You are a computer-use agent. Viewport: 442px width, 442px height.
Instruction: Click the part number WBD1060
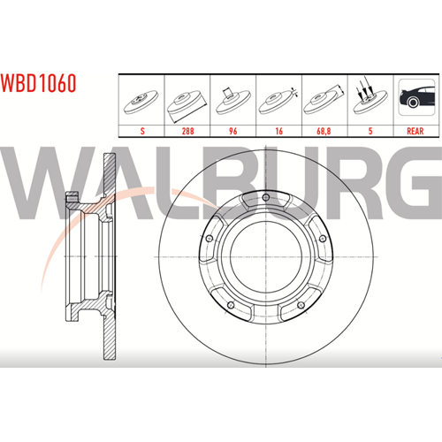tap(38, 83)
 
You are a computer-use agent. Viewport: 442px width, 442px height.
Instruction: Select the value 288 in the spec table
tap(187, 131)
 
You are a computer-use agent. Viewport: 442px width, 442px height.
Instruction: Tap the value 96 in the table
tap(233, 131)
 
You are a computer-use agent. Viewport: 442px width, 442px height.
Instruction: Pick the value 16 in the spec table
tap(278, 131)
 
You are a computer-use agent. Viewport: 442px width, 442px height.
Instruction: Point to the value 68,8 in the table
tap(324, 131)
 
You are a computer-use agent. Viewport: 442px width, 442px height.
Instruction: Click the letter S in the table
tap(142, 131)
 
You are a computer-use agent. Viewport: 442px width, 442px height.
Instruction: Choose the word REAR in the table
tap(415, 131)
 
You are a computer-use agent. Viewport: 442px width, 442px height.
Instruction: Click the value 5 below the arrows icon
tap(370, 131)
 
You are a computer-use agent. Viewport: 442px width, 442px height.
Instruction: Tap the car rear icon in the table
tap(416, 97)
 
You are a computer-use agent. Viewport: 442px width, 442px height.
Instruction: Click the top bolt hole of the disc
tap(266, 197)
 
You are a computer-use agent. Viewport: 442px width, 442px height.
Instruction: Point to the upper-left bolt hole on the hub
tap(210, 239)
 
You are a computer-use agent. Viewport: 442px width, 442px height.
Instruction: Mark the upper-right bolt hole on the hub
tap(323, 239)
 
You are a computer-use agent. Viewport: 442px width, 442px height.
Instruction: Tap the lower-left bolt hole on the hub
tap(231, 305)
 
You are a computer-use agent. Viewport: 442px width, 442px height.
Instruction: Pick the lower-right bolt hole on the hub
tap(301, 305)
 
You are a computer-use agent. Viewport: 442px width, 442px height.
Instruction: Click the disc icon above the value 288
tap(187, 105)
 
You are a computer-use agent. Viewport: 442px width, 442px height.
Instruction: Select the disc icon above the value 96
tap(232, 101)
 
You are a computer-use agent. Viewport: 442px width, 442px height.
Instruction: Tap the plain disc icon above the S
tap(141, 102)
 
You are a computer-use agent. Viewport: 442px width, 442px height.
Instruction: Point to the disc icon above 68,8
tap(324, 100)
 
